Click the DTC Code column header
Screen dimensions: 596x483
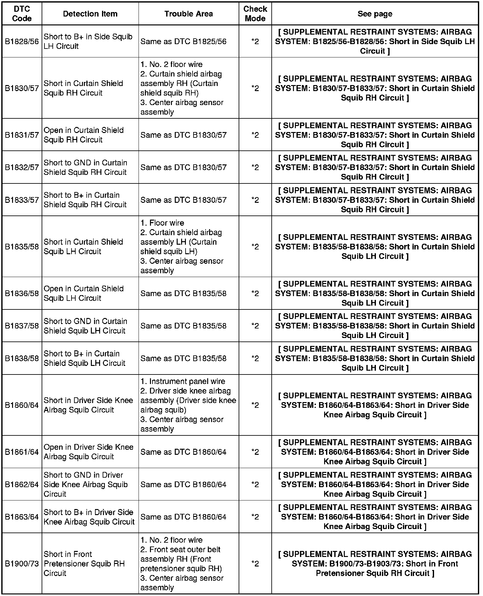pyautogui.click(x=22, y=14)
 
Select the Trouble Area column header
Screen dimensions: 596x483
pyautogui.click(x=188, y=14)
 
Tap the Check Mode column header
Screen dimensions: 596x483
pyautogui.click(x=255, y=14)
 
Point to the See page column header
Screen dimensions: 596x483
pyautogui.click(x=375, y=14)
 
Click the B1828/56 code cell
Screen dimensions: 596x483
pyautogui.click(x=22, y=42)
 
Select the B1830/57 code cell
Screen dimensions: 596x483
pyautogui.click(x=22, y=88)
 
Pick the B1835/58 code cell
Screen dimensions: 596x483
pyautogui.click(x=22, y=247)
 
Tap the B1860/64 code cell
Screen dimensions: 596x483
pyautogui.click(x=22, y=405)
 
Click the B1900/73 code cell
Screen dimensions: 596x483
pyautogui.click(x=22, y=564)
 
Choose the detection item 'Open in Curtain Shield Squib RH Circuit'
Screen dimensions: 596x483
pyautogui.click(x=84, y=135)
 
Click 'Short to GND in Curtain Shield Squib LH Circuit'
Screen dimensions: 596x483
pyautogui.click(x=85, y=326)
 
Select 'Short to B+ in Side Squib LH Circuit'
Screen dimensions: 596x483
pyautogui.click(x=88, y=42)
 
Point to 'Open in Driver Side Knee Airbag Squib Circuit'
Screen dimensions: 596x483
pyautogui.click(x=88, y=452)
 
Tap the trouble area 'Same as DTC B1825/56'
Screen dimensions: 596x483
pyautogui.click(x=183, y=42)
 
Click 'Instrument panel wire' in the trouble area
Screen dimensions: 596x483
pyautogui.click(x=183, y=381)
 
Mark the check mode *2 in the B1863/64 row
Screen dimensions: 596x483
pyautogui.click(x=255, y=517)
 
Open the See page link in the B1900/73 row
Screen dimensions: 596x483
pyautogui.click(x=375, y=564)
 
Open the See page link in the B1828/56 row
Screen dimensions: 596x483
pyautogui.click(x=375, y=42)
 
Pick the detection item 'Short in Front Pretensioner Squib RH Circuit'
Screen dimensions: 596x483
pyautogui.click(x=84, y=564)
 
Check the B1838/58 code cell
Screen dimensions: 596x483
pyautogui.click(x=22, y=358)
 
